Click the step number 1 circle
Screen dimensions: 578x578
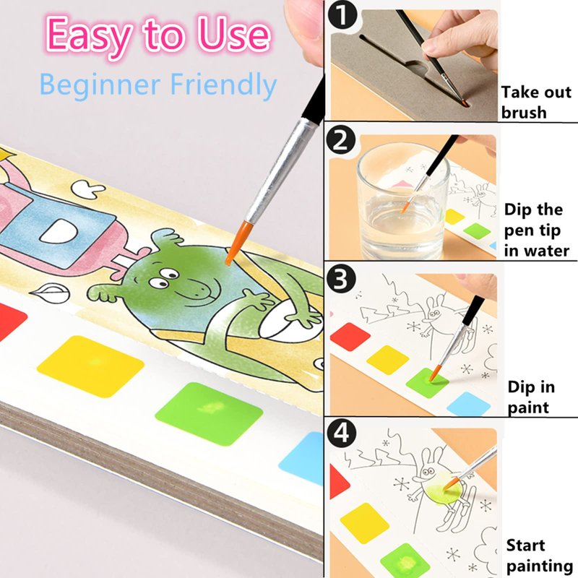point(342,15)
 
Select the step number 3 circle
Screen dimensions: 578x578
point(341,279)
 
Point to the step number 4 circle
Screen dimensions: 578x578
point(341,433)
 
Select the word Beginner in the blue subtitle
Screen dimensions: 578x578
point(100,85)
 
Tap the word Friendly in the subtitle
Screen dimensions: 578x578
point(223,85)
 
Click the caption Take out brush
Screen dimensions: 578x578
point(536,102)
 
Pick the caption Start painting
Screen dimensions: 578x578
point(539,556)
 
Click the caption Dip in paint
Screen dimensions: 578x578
point(531,397)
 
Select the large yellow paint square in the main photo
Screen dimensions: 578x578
point(91,366)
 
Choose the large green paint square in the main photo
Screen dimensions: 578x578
point(209,413)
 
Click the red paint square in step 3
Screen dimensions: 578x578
point(350,337)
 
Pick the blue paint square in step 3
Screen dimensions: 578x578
point(468,405)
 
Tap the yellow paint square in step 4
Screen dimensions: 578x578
point(365,523)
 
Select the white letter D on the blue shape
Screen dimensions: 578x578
point(60,230)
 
